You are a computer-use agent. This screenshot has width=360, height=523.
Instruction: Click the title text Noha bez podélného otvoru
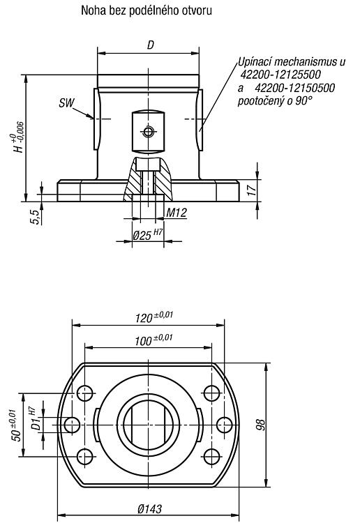coord(147,10)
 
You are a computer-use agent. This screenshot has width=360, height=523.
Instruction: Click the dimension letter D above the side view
coord(151,45)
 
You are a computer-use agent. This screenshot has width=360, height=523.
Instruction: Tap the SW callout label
coord(66,103)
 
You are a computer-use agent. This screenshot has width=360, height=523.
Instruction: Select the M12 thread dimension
coord(177,213)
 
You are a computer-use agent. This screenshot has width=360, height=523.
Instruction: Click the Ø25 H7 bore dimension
coord(148,234)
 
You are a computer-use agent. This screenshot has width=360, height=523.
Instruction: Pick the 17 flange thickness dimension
coord(253,189)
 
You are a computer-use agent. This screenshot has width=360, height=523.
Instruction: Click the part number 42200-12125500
coord(280,75)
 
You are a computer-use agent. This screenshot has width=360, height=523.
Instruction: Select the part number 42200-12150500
coord(295,88)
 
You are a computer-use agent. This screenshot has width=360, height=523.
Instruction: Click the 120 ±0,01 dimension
coord(154,317)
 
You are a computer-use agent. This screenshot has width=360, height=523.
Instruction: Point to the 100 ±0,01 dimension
coord(153,340)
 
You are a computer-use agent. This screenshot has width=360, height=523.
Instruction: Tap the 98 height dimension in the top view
coord(261,424)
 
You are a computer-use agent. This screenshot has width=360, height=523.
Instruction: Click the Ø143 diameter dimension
coord(150,508)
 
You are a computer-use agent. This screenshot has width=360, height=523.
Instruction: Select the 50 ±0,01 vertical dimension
coord(17,425)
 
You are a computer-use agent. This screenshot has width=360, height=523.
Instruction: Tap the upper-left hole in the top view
coord(85,393)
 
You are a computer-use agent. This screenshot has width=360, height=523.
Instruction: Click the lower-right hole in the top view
coord(211,457)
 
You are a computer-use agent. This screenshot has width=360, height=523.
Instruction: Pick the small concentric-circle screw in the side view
coord(148,132)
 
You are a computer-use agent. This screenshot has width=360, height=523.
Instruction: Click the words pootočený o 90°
coord(276,101)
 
